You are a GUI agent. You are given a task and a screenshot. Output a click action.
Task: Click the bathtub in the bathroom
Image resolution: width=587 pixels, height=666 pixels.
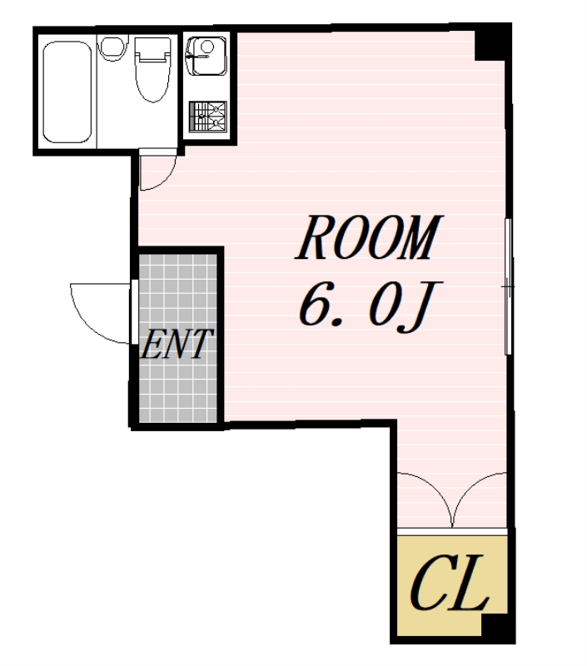tap(67, 92)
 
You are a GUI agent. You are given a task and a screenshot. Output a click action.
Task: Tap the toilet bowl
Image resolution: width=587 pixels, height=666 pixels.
tap(153, 81)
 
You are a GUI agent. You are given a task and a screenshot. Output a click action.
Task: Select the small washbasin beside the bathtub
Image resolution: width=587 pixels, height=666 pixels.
tap(113, 48)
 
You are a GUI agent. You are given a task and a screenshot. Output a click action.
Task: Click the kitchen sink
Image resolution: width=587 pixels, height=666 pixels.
tap(206, 56)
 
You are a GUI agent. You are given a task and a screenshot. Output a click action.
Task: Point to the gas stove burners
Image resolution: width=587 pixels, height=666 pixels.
tap(207, 116)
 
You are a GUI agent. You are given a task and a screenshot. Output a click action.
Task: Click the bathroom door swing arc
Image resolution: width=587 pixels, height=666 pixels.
tap(167, 178)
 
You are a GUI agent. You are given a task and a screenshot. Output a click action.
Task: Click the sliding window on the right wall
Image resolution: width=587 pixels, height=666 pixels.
tap(508, 286)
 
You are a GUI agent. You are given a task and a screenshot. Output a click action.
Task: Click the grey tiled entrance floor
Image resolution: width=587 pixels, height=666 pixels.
tap(178, 338)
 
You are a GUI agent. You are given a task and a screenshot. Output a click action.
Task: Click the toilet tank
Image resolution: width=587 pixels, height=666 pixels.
tap(153, 49)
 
